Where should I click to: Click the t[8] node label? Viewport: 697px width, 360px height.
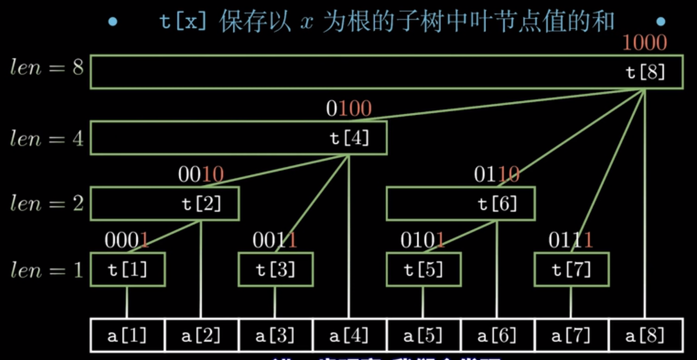646,73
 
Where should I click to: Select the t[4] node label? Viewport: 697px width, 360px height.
349,138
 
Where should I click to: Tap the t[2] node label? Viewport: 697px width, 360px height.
202,204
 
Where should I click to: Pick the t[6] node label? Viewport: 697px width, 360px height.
498,204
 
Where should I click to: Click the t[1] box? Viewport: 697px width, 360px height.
128,270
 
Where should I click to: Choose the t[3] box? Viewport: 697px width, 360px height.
275,270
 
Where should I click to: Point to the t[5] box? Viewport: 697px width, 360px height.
423,270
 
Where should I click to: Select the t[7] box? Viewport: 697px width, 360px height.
571,270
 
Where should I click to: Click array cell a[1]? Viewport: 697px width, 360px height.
128,336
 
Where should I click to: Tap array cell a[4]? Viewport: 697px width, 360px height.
349,336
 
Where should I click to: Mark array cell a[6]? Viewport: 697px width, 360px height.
497,336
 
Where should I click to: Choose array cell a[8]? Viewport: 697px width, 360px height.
646,336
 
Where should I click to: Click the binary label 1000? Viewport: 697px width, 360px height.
645,44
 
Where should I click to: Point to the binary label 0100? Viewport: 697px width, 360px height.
348,109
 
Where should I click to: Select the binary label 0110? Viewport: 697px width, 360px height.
497,175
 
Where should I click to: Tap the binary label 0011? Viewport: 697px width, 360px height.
275,240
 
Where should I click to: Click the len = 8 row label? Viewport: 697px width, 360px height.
47,68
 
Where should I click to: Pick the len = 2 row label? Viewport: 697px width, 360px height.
47,203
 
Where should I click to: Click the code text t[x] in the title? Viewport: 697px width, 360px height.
183,22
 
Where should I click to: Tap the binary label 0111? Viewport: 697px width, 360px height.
570,240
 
